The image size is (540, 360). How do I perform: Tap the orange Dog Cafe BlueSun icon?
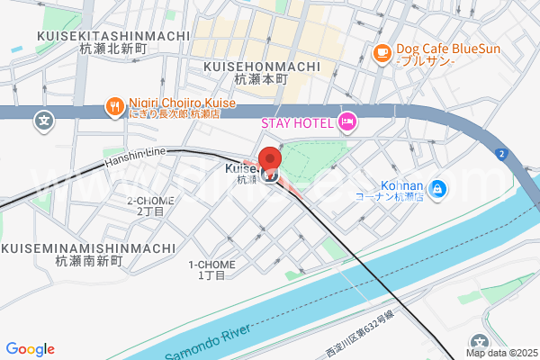(x=382, y=53)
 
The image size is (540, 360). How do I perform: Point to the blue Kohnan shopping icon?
(x=436, y=188)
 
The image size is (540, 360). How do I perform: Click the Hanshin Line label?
(x=136, y=159)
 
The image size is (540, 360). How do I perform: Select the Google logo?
(x=30, y=349)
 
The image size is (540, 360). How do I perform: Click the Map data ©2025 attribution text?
(x=500, y=353)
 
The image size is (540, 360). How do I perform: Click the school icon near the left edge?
(x=41, y=119)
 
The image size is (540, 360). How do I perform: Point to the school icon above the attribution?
(x=481, y=339)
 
